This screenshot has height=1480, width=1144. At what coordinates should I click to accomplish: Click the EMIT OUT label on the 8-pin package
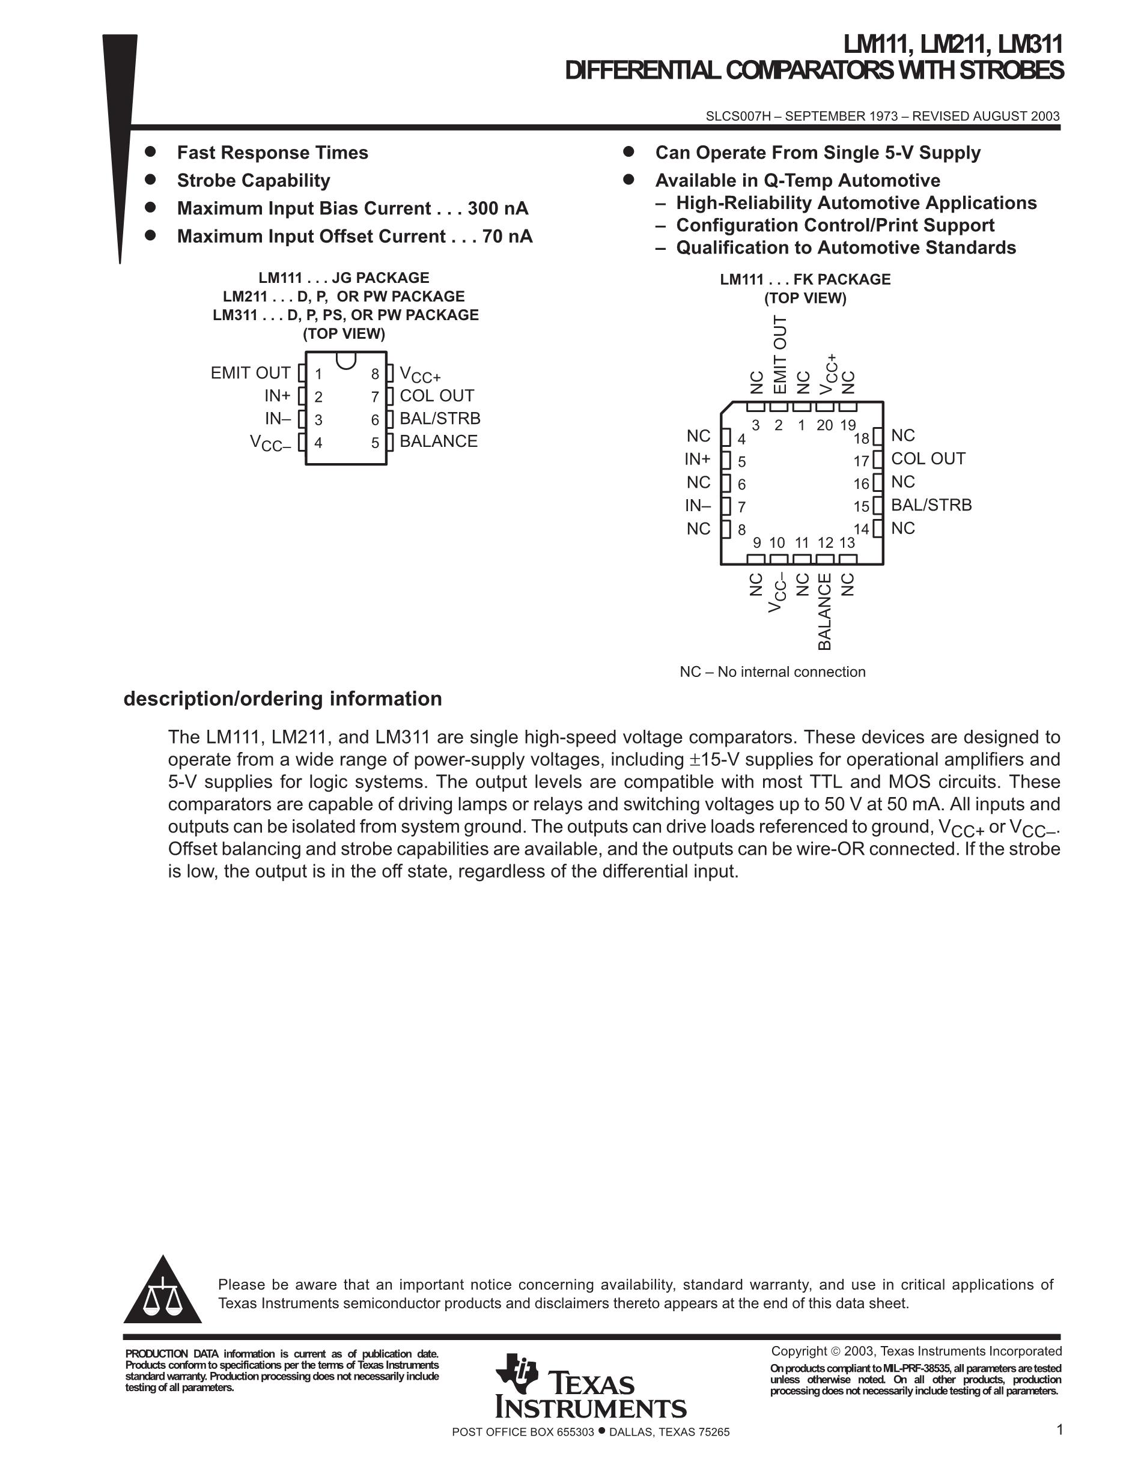pyautogui.click(x=250, y=374)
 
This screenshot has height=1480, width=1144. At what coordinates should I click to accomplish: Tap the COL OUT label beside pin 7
pyautogui.click(x=436, y=396)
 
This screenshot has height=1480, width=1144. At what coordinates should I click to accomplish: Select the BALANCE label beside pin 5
pyautogui.click(x=439, y=441)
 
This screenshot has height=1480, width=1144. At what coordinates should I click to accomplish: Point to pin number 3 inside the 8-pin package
pyautogui.click(x=318, y=420)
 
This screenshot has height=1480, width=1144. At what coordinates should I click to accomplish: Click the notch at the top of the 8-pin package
pyautogui.click(x=345, y=360)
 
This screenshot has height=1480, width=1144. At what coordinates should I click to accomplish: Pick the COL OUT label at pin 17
pyautogui.click(x=928, y=459)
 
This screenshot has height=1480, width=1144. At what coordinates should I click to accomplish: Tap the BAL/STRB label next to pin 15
pyautogui.click(x=931, y=505)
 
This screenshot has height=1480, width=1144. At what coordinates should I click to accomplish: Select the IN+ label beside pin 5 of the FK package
pyautogui.click(x=698, y=459)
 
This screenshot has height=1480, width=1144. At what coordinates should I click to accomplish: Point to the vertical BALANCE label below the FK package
pyautogui.click(x=824, y=612)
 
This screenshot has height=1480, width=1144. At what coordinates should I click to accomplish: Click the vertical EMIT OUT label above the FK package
pyautogui.click(x=780, y=354)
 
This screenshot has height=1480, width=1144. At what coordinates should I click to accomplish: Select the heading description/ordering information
pyautogui.click(x=282, y=699)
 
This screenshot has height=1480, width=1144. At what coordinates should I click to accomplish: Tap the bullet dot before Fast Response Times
pyautogui.click(x=150, y=152)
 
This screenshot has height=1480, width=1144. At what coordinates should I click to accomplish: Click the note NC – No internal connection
pyautogui.click(x=773, y=672)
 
